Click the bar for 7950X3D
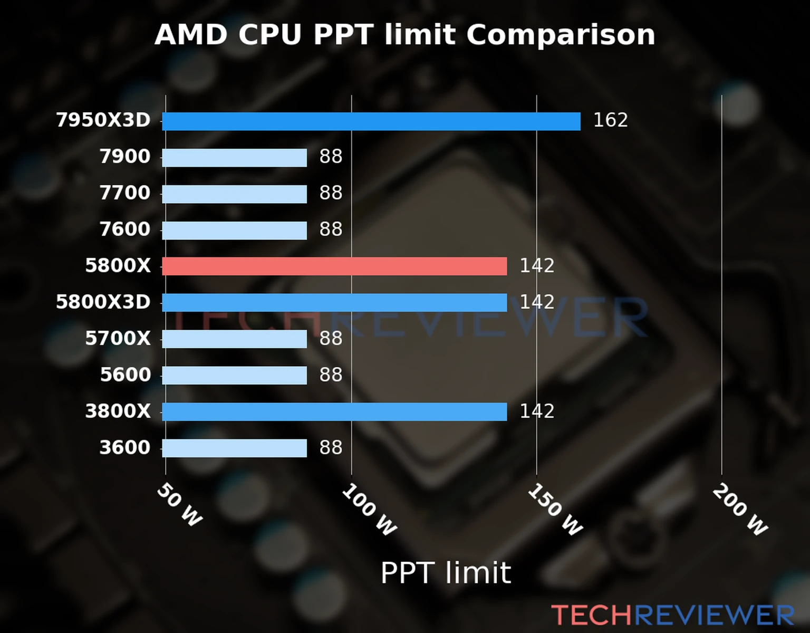coord(371,121)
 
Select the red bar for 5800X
coord(334,266)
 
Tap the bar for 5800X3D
coord(334,303)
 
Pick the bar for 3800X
coord(334,412)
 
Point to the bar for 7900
coord(234,158)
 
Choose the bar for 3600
coord(234,448)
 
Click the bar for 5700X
coord(234,339)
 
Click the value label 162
coord(610,120)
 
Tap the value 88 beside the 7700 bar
coord(331,193)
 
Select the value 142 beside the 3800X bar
coord(537,411)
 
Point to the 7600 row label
coord(125,229)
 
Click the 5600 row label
coord(125,375)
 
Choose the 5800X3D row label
coord(103,302)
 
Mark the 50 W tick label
coord(179,505)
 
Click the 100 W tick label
coord(369,510)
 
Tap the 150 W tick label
coord(555,510)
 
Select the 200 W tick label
coord(740,510)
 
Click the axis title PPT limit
coord(446,573)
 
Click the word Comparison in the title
coord(561,35)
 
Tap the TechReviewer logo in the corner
coord(672,616)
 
